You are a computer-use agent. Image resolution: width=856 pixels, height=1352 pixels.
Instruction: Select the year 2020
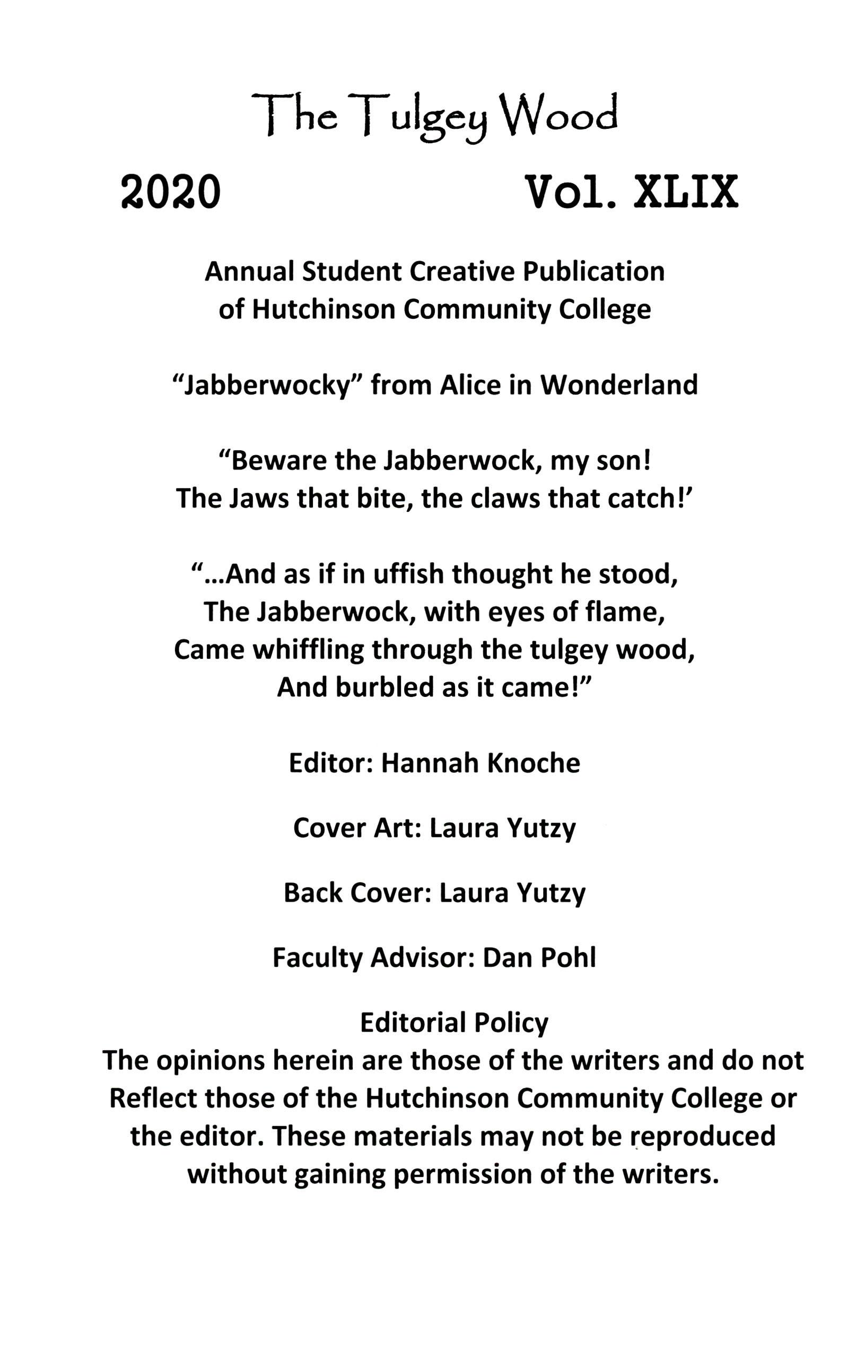[171, 193]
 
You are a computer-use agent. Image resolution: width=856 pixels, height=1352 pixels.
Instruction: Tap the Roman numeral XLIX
[685, 193]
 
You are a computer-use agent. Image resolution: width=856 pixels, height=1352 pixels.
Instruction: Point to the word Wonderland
[619, 385]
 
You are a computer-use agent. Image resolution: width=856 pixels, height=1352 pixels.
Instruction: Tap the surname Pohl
[567, 958]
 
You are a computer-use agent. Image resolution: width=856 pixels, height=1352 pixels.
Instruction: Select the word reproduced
[703, 1136]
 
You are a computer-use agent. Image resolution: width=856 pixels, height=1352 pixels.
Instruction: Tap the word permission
[461, 1174]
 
